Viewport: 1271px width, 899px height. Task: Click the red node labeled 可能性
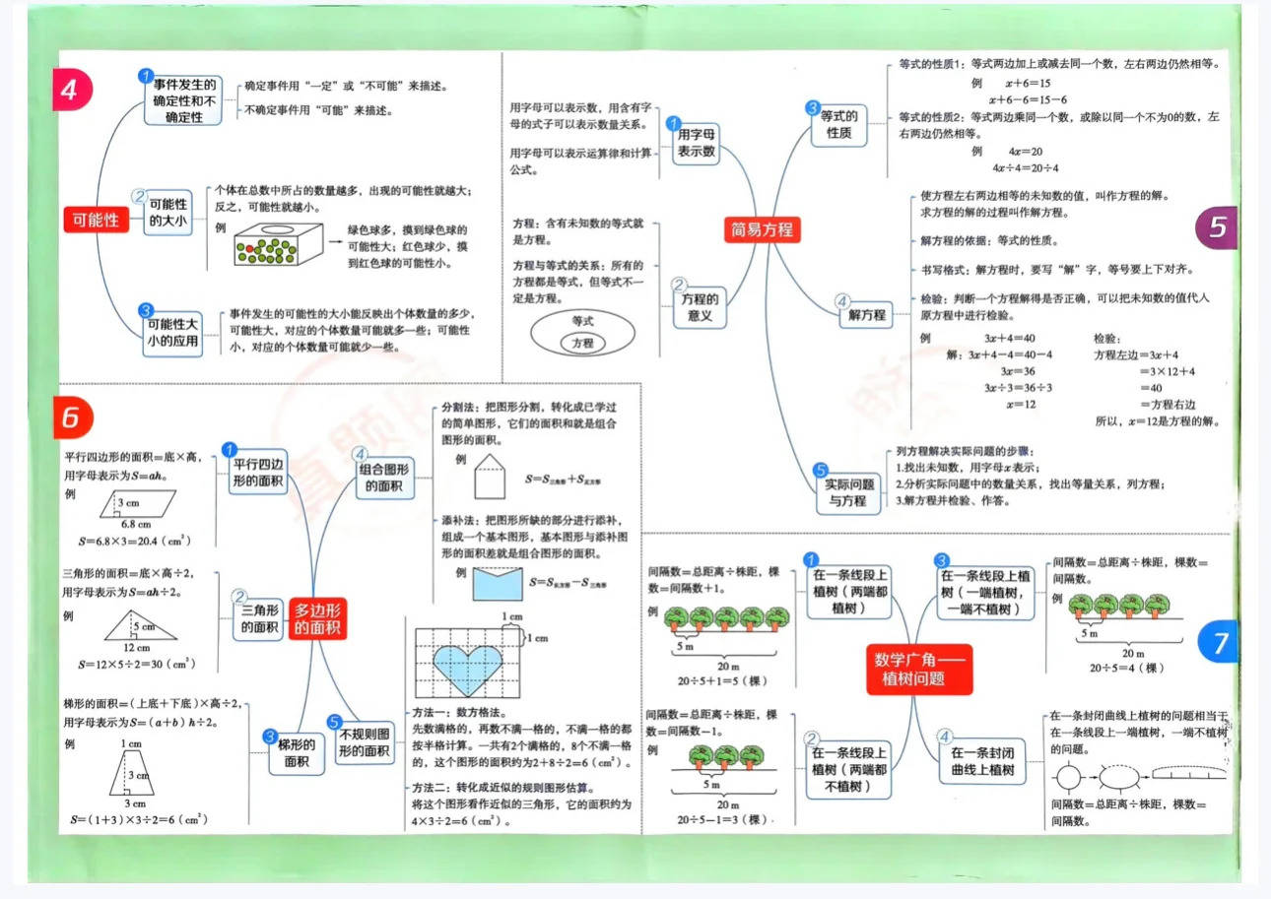tap(97, 220)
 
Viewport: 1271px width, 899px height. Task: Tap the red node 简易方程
tap(761, 230)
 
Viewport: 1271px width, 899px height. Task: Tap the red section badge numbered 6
tap(70, 417)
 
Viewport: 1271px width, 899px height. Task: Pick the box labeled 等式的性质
tap(839, 124)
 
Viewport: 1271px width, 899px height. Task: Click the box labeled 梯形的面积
tap(298, 752)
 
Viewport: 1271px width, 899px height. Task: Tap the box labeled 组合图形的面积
tap(384, 478)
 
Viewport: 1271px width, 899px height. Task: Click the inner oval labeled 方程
tap(583, 343)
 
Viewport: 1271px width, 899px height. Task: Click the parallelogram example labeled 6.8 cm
tap(139, 506)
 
